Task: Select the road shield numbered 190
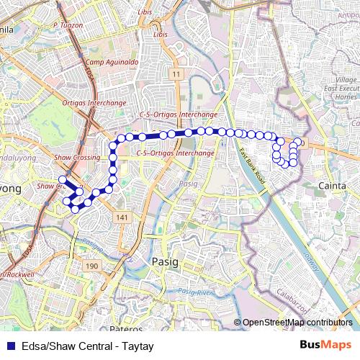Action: [x=92, y=266]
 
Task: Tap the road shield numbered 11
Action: [x=176, y=74]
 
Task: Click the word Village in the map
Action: [x=346, y=79]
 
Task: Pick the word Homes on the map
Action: [x=346, y=96]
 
